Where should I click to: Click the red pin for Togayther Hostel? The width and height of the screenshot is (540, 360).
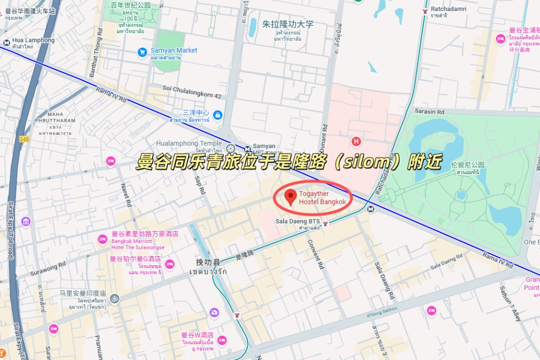click(290, 197)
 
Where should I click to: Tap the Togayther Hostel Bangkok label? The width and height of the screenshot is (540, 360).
click(322, 198)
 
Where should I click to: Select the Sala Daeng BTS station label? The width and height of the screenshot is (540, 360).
click(297, 221)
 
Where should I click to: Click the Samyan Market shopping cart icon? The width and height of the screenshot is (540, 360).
click(142, 51)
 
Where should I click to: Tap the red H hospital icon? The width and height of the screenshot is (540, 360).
click(356, 141)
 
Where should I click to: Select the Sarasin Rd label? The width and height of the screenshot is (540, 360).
click(429, 111)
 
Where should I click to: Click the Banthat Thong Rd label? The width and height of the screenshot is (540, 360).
click(96, 52)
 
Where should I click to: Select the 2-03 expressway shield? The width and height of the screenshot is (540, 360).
click(24, 138)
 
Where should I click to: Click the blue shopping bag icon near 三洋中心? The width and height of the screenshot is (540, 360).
click(217, 115)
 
